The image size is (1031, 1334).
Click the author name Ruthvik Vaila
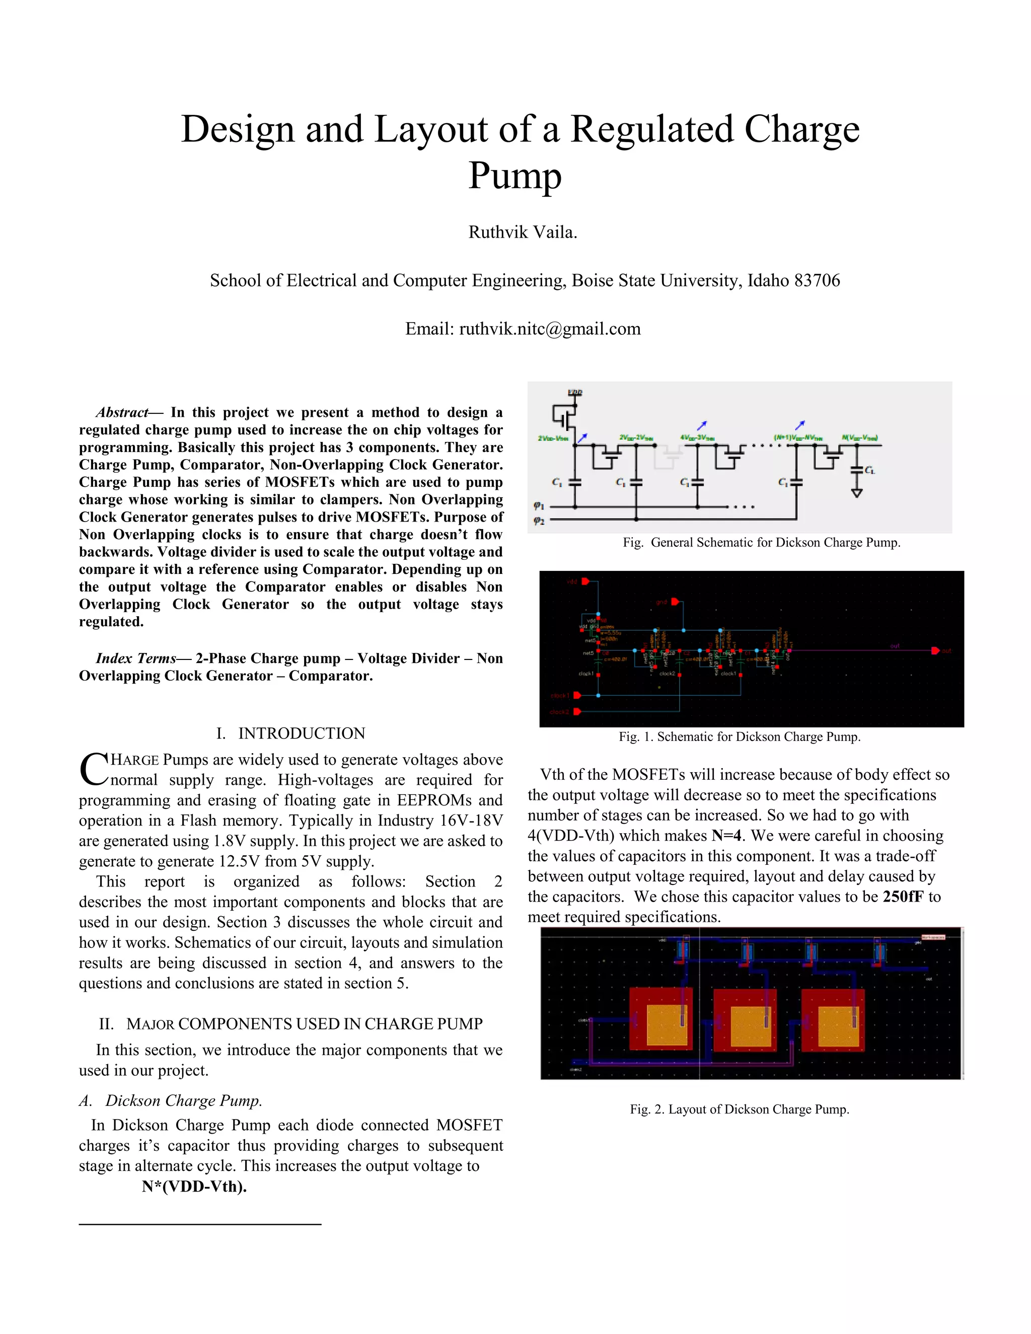point(522,232)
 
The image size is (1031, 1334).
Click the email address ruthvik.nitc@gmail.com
point(550,329)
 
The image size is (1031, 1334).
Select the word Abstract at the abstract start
point(122,412)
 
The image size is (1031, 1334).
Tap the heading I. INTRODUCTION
point(291,733)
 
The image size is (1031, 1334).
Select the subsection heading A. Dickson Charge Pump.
point(171,1100)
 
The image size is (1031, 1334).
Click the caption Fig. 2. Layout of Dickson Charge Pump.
point(740,1109)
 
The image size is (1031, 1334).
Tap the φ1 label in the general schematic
point(538,506)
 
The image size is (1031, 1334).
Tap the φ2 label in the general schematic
point(538,521)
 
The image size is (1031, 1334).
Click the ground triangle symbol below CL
point(856,492)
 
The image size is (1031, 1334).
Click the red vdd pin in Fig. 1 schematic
point(585,581)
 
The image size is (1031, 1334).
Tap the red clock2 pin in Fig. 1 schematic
point(577,712)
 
